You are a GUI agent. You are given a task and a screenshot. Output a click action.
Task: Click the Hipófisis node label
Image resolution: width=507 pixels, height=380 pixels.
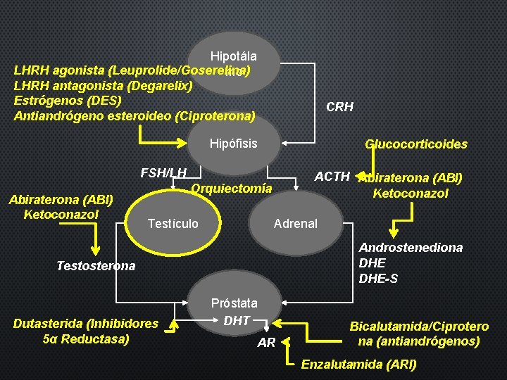click(234, 144)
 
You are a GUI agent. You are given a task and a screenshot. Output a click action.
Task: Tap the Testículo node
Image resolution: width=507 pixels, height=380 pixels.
click(173, 224)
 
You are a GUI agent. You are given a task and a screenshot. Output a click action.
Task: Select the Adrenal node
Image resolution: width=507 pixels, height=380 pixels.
click(295, 224)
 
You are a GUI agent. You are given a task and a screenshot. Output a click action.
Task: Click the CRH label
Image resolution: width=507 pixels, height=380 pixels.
click(339, 108)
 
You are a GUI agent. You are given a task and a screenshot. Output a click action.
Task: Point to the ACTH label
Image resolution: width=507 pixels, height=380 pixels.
click(332, 176)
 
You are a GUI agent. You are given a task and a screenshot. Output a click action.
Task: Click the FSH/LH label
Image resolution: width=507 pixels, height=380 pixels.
click(163, 172)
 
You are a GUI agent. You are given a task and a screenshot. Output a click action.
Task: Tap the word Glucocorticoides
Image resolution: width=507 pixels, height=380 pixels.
click(415, 144)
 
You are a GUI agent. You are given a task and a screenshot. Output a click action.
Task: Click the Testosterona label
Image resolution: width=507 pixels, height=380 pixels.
click(95, 266)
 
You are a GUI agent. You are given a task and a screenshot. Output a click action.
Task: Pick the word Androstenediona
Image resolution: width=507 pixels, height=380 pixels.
click(411, 248)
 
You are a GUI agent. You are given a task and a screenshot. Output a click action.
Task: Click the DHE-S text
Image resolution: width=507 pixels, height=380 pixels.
click(378, 279)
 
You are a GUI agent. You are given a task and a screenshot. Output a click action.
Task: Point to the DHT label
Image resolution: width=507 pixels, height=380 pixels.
click(237, 321)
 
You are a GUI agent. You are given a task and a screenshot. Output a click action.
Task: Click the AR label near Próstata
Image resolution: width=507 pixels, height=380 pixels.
click(266, 343)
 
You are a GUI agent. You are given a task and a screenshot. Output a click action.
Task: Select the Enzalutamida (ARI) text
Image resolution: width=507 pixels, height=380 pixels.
click(358, 365)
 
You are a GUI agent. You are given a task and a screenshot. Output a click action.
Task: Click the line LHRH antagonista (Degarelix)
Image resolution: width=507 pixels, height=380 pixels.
click(103, 85)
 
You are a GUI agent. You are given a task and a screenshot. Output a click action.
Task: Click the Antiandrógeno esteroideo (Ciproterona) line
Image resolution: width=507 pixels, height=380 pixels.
click(134, 115)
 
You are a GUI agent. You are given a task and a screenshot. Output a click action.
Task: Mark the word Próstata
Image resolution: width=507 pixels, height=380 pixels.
click(234, 303)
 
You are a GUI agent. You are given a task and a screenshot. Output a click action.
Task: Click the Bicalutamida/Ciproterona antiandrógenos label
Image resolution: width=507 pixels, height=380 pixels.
click(419, 334)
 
